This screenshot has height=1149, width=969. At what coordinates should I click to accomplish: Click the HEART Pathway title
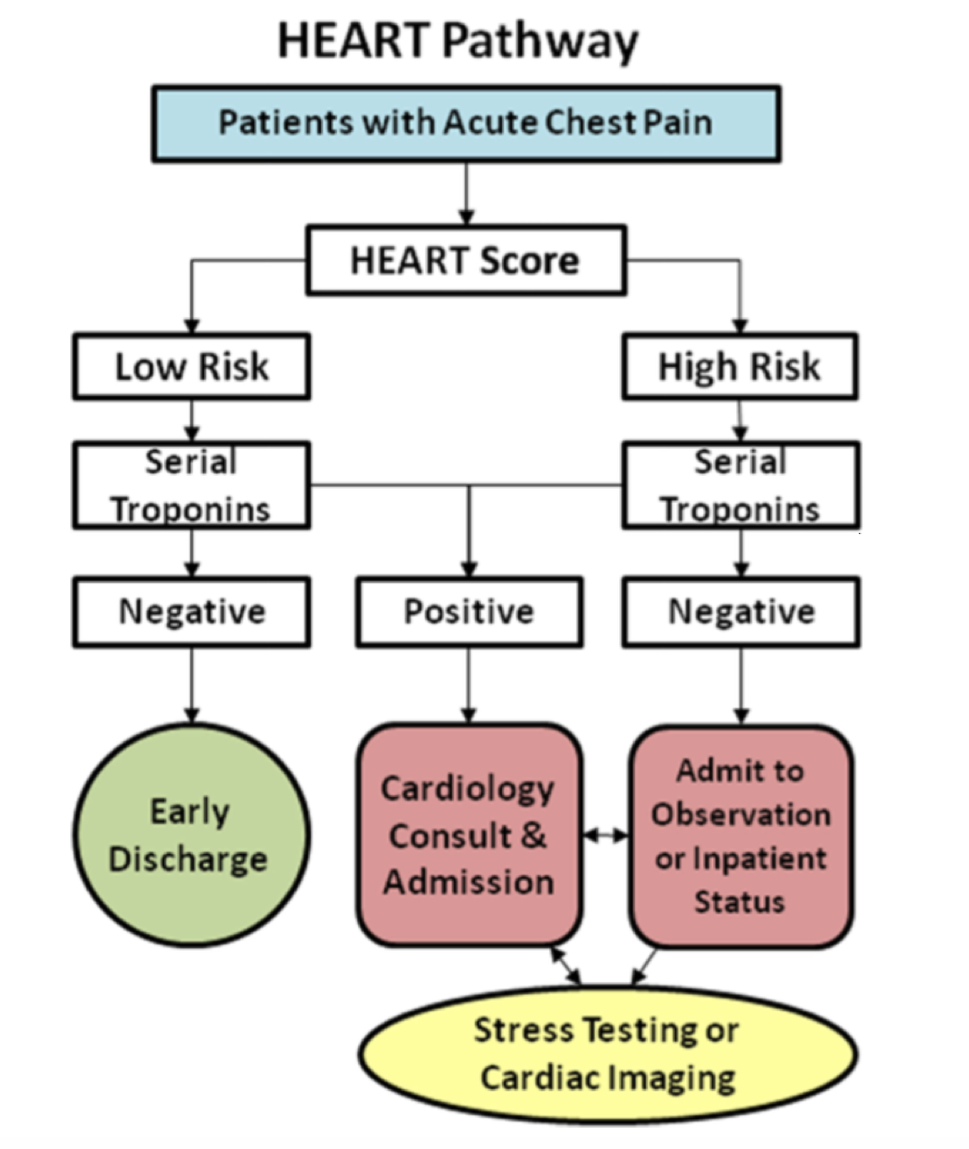[458, 41]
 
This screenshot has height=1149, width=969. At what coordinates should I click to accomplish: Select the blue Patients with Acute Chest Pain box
[466, 124]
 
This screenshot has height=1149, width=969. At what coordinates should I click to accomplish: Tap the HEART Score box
[465, 261]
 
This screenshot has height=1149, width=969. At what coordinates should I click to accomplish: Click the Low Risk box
[191, 367]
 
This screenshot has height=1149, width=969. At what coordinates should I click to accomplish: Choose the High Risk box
[739, 367]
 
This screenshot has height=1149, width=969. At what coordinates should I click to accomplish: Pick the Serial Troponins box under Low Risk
[191, 485]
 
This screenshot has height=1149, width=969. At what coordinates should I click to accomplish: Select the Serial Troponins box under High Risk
[740, 485]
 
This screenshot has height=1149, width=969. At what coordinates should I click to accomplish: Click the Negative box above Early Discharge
[191, 611]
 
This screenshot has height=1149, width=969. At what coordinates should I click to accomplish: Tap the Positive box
[469, 611]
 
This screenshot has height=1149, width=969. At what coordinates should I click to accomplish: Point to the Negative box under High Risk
[741, 611]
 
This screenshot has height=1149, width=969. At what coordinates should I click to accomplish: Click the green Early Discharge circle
[190, 835]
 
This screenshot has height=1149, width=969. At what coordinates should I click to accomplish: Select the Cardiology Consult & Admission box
[469, 835]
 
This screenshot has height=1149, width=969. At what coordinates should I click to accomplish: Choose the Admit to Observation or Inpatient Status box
[740, 835]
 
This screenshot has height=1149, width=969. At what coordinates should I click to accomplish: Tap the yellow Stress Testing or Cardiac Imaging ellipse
[607, 1054]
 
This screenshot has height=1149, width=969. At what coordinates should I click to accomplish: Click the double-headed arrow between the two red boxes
[605, 835]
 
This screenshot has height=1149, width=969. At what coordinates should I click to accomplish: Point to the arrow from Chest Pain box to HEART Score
[466, 194]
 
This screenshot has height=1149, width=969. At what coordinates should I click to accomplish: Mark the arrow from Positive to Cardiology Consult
[469, 685]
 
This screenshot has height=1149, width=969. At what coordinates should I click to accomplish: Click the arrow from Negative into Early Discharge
[191, 685]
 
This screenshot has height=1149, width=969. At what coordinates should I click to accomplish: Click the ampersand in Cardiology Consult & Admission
[533, 835]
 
